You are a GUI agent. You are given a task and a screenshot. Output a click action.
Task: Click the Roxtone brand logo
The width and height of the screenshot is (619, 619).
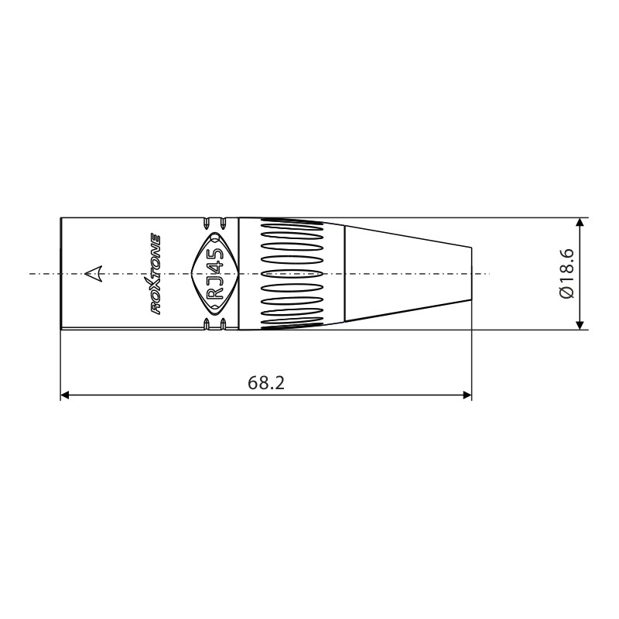tap(155, 273)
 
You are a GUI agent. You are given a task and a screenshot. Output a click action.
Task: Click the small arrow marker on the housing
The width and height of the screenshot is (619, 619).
tap(93, 273)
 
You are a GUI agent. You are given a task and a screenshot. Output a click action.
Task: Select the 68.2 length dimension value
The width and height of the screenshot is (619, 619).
tap(265, 382)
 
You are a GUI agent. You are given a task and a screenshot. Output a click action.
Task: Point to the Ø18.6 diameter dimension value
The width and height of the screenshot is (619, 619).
tap(566, 273)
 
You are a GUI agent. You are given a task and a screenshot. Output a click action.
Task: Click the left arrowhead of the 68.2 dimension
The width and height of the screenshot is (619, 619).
tap(66, 395)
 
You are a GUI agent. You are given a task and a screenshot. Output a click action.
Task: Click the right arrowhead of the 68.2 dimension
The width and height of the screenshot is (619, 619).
tap(467, 395)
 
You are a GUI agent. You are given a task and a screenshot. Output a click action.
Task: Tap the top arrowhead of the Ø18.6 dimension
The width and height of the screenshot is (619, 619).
tap(580, 224)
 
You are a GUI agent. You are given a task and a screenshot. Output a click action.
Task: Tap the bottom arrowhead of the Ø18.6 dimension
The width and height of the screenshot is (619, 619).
tap(580, 323)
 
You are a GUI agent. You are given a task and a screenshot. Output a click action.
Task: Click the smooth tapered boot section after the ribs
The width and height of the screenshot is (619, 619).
tap(406, 273)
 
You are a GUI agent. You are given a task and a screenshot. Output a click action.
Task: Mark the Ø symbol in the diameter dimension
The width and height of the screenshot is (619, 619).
tap(566, 294)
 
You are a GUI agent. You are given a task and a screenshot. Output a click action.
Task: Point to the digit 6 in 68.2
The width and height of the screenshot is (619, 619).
tap(253, 382)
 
